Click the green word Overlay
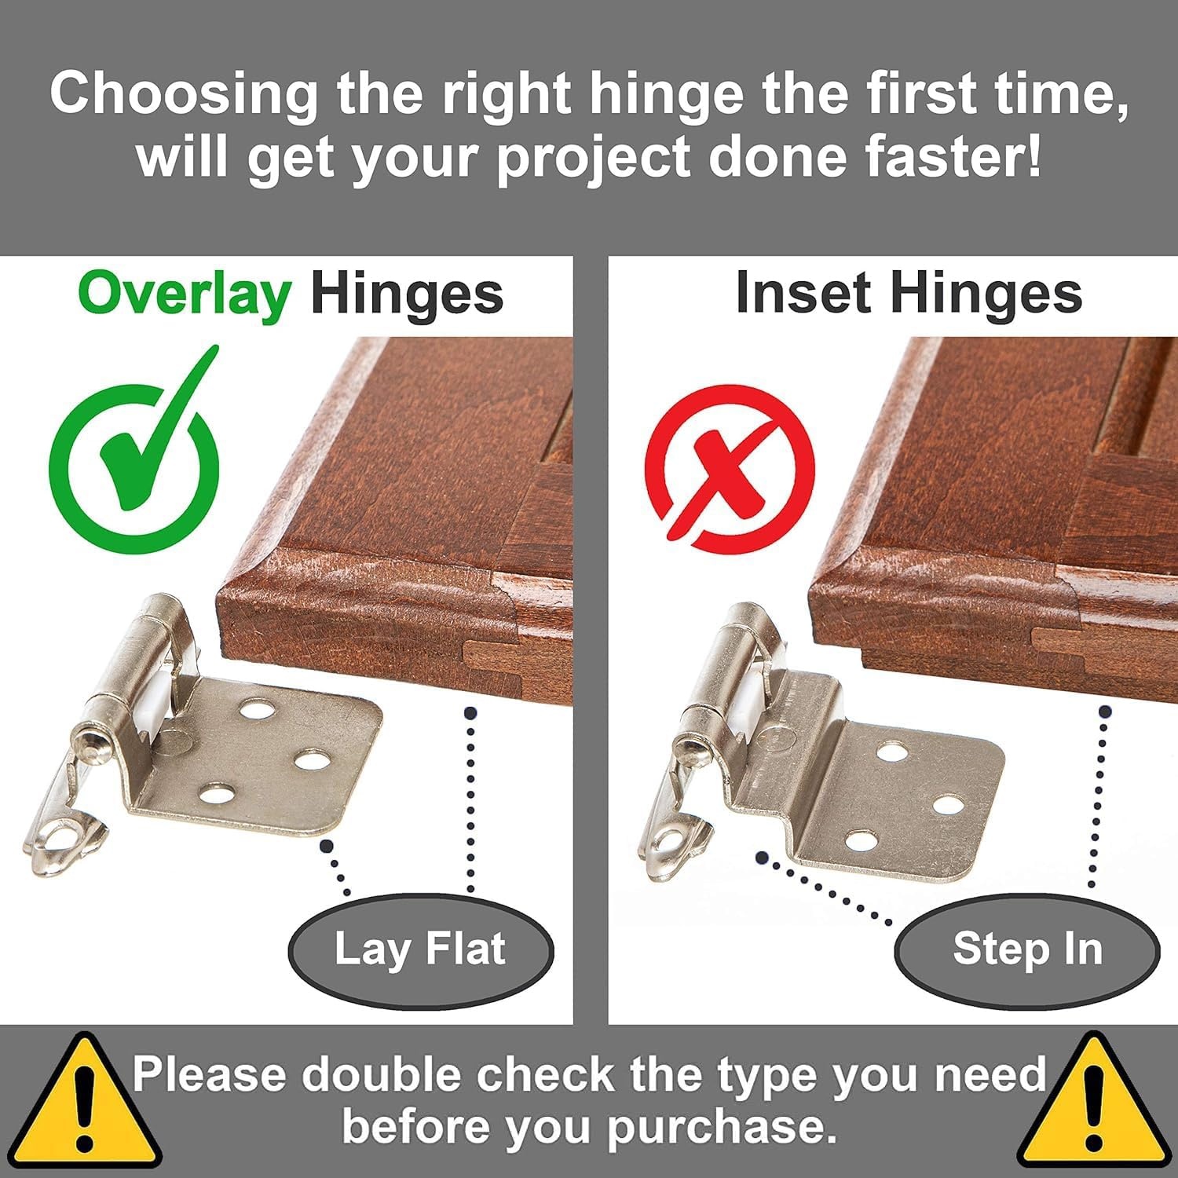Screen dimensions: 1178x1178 click(185, 295)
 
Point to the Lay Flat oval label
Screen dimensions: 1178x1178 click(421, 949)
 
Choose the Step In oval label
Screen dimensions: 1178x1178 click(1027, 949)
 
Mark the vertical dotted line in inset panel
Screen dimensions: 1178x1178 click(1099, 798)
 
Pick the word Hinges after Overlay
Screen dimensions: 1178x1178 click(407, 295)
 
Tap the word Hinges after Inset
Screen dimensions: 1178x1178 click(986, 295)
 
